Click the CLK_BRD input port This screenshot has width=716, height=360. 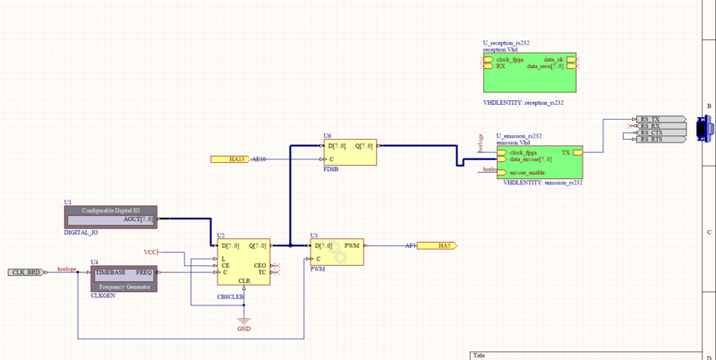pyautogui.click(x=25, y=271)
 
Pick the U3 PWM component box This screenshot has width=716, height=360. pyautogui.click(x=337, y=253)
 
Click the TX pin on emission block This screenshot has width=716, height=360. pyautogui.click(x=566, y=153)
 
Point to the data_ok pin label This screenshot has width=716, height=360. pyautogui.click(x=554, y=59)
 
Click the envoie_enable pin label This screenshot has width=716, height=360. pyautogui.click(x=529, y=172)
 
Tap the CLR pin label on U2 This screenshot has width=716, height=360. pyautogui.click(x=243, y=280)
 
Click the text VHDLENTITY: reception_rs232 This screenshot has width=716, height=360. pyautogui.click(x=524, y=104)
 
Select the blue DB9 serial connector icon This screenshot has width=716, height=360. pyautogui.click(x=703, y=129)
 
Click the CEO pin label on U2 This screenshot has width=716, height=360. pyautogui.click(x=260, y=265)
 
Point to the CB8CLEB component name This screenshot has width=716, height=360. pyautogui.click(x=231, y=296)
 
